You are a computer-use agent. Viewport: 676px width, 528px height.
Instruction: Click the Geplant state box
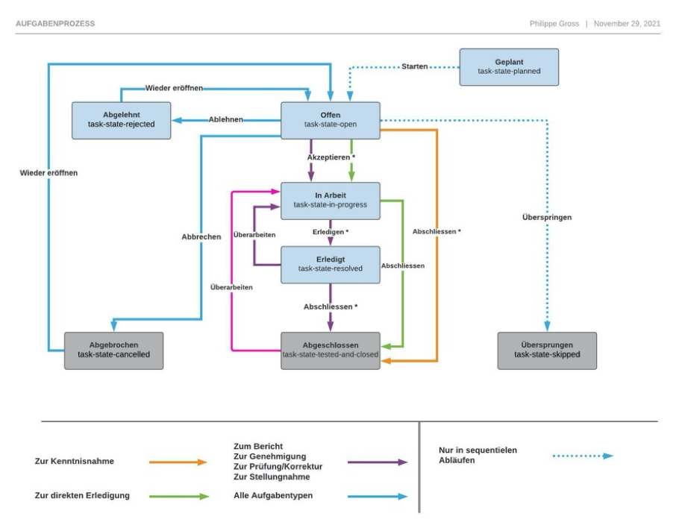pyautogui.click(x=508, y=66)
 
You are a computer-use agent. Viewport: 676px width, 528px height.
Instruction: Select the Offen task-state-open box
pyautogui.click(x=331, y=120)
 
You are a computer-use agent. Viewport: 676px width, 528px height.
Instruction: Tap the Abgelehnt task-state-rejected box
pyautogui.click(x=121, y=120)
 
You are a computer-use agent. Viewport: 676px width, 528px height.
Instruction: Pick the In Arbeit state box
pyautogui.click(x=331, y=201)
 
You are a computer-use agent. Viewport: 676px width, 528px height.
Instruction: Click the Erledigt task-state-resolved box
pyautogui.click(x=331, y=264)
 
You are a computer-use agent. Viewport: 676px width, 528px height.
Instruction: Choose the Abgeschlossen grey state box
pyautogui.click(x=331, y=350)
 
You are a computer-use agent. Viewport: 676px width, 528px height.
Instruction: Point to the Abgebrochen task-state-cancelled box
pyautogui.click(x=113, y=350)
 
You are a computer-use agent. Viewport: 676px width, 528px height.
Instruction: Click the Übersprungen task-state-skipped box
pyautogui.click(x=547, y=350)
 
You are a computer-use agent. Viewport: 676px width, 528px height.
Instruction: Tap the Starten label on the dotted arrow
pyautogui.click(x=414, y=66)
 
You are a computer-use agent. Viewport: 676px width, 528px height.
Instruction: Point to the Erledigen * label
pyautogui.click(x=331, y=233)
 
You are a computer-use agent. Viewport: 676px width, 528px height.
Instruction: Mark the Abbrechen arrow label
pyautogui.click(x=201, y=236)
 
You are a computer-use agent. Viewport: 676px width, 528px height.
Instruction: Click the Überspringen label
pyautogui.click(x=547, y=218)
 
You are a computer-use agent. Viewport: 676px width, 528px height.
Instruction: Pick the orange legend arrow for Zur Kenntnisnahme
pyautogui.click(x=178, y=462)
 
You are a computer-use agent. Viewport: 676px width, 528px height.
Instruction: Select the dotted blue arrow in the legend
pyautogui.click(x=583, y=456)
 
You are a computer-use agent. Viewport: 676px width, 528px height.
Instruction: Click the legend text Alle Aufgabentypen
pyautogui.click(x=274, y=496)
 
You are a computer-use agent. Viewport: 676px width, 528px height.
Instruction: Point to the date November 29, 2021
pyautogui.click(x=627, y=23)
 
